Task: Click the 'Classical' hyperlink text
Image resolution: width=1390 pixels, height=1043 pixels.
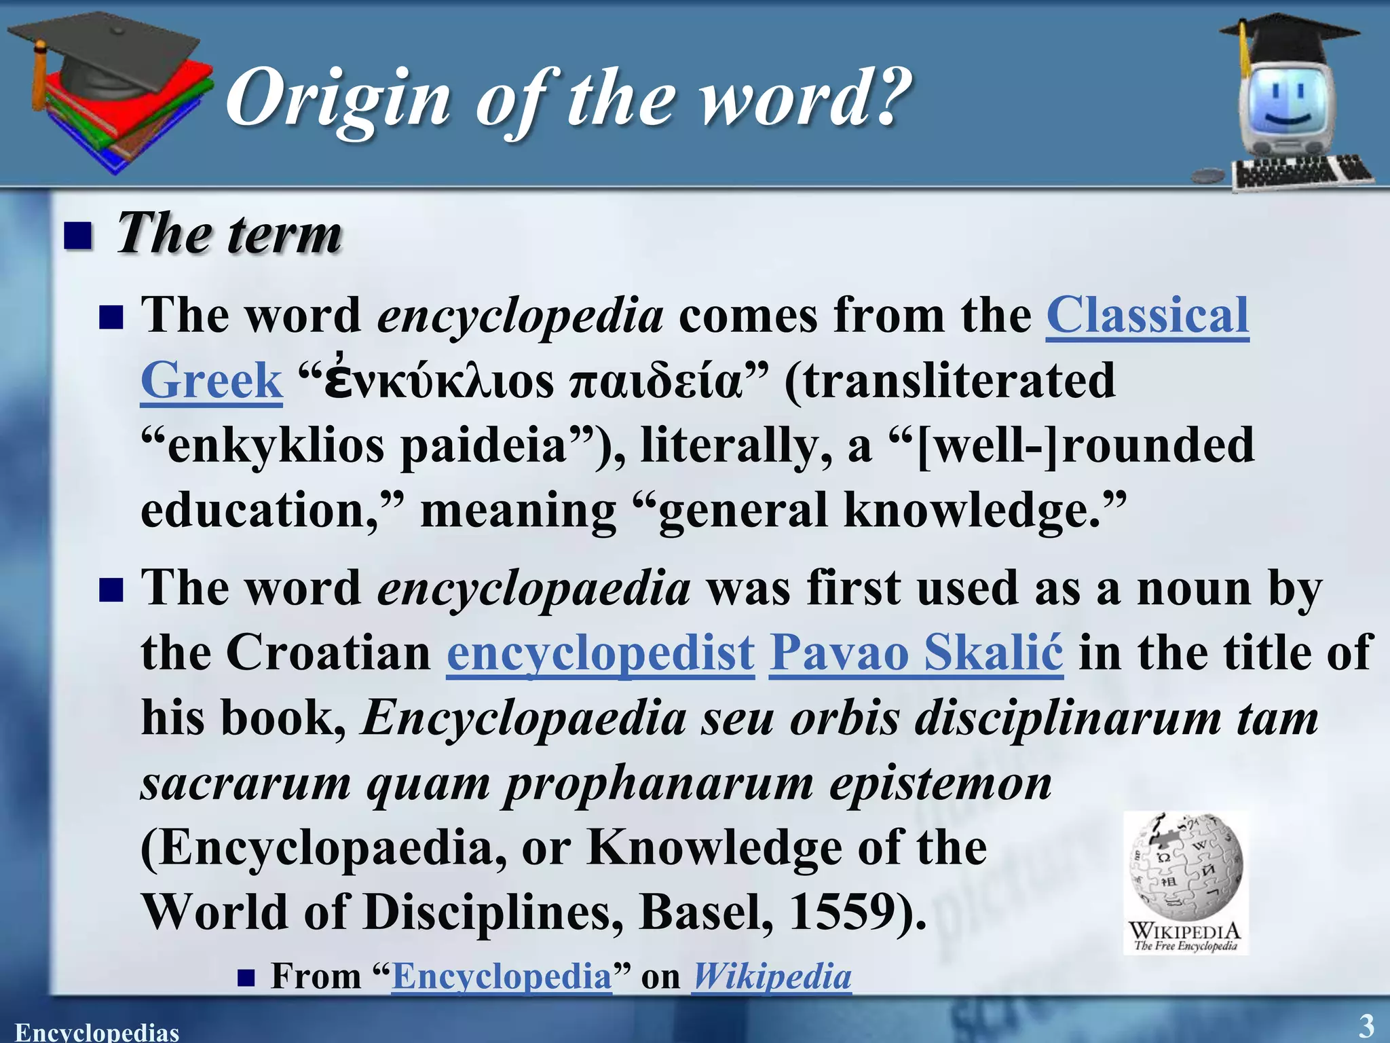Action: [x=1147, y=316]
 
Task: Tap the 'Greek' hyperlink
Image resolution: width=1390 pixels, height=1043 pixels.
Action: [x=211, y=381]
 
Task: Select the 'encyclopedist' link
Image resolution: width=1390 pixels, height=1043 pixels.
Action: [x=601, y=653]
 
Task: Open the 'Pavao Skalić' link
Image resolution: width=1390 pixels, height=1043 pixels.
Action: [x=916, y=653]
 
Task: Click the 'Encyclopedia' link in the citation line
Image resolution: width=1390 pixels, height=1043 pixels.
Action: [x=502, y=976]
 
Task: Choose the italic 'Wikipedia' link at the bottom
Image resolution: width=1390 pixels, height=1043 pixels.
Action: [x=772, y=976]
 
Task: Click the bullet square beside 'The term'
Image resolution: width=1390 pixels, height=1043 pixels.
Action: [x=78, y=236]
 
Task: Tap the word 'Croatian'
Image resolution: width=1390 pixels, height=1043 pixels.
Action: [x=328, y=653]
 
